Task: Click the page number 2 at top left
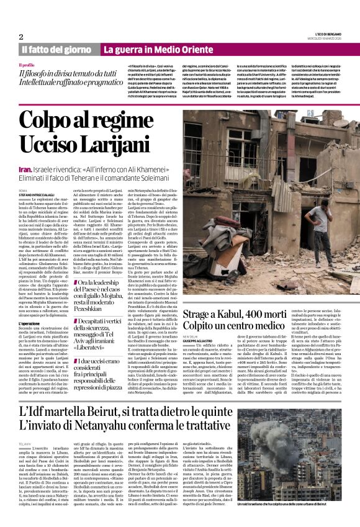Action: point(21,37)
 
